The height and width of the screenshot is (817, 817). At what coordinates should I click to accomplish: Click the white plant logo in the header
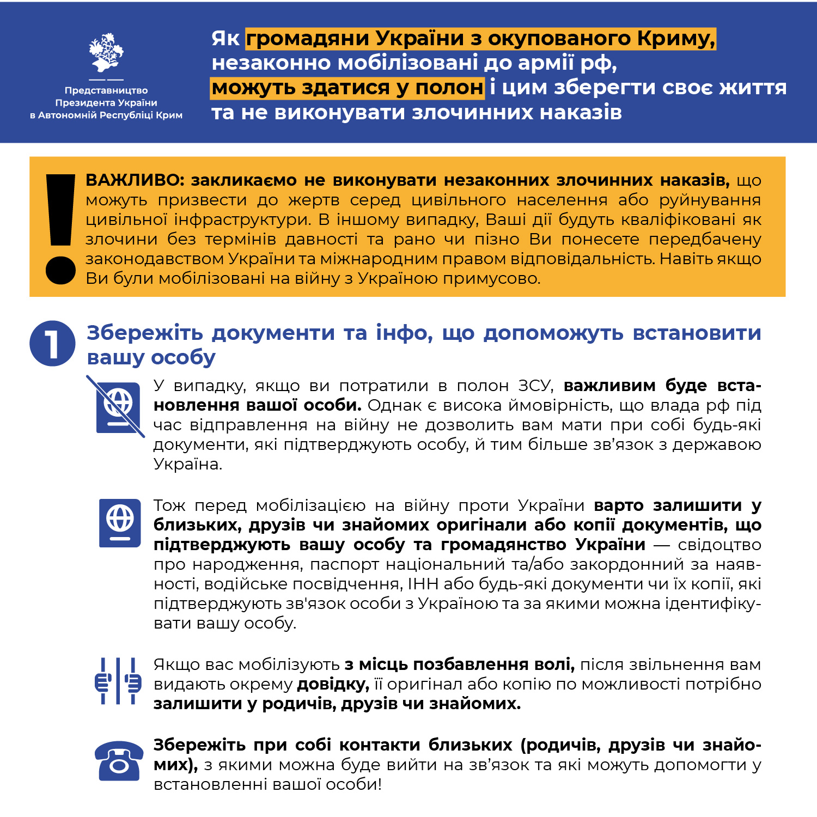(106, 53)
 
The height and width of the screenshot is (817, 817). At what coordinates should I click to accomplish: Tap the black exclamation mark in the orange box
(60, 229)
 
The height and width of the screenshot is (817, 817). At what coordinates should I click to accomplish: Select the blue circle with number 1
(52, 343)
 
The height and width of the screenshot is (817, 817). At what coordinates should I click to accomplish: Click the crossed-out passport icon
(117, 406)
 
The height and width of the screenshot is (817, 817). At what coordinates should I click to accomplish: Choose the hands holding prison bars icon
(118, 681)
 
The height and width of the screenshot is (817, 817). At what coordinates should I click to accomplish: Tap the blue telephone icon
(119, 760)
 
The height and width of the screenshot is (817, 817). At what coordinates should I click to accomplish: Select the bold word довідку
(333, 684)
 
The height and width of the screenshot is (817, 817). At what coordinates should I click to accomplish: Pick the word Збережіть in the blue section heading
(145, 333)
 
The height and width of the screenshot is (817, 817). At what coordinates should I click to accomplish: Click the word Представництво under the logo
(106, 90)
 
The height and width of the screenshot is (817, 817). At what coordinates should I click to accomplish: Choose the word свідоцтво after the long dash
(720, 545)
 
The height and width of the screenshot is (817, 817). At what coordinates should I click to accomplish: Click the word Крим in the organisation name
(169, 115)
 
